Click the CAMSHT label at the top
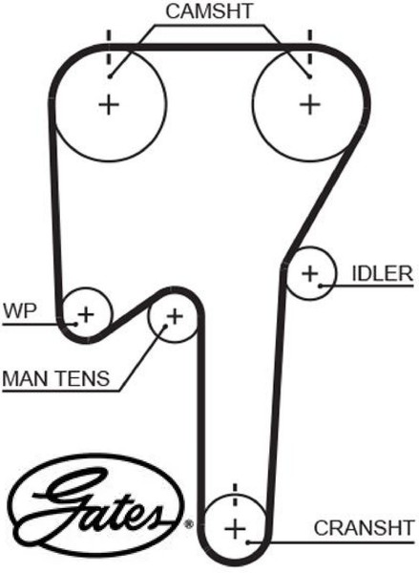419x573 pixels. pyautogui.click(x=209, y=11)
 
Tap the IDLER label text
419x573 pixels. pyautogui.click(x=382, y=273)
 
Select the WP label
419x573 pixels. pyautogui.click(x=20, y=311)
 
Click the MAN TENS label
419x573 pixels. pyautogui.click(x=56, y=378)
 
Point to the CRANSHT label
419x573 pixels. pyautogui.click(x=365, y=528)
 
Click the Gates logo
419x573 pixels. pyautogui.click(x=96, y=505)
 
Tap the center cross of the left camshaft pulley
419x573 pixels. pyautogui.click(x=109, y=105)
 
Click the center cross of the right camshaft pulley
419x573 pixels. pyautogui.click(x=310, y=104)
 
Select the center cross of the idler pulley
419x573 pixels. pyautogui.click(x=310, y=273)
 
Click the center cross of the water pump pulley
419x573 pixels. pyautogui.click(x=86, y=314)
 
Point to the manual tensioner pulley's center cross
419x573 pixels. pyautogui.click(x=175, y=316)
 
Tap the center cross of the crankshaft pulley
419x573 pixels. pyautogui.click(x=235, y=529)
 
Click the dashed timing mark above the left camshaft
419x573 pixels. pyautogui.click(x=109, y=48)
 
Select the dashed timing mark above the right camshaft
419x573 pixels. pyautogui.click(x=310, y=48)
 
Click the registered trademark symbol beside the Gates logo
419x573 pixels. pyautogui.click(x=189, y=524)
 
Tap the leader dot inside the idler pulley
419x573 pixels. pyautogui.click(x=320, y=286)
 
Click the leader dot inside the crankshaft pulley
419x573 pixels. pyautogui.click(x=247, y=542)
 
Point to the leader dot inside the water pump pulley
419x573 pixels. pyautogui.click(x=75, y=324)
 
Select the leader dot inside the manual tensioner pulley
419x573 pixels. pyautogui.click(x=165, y=327)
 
